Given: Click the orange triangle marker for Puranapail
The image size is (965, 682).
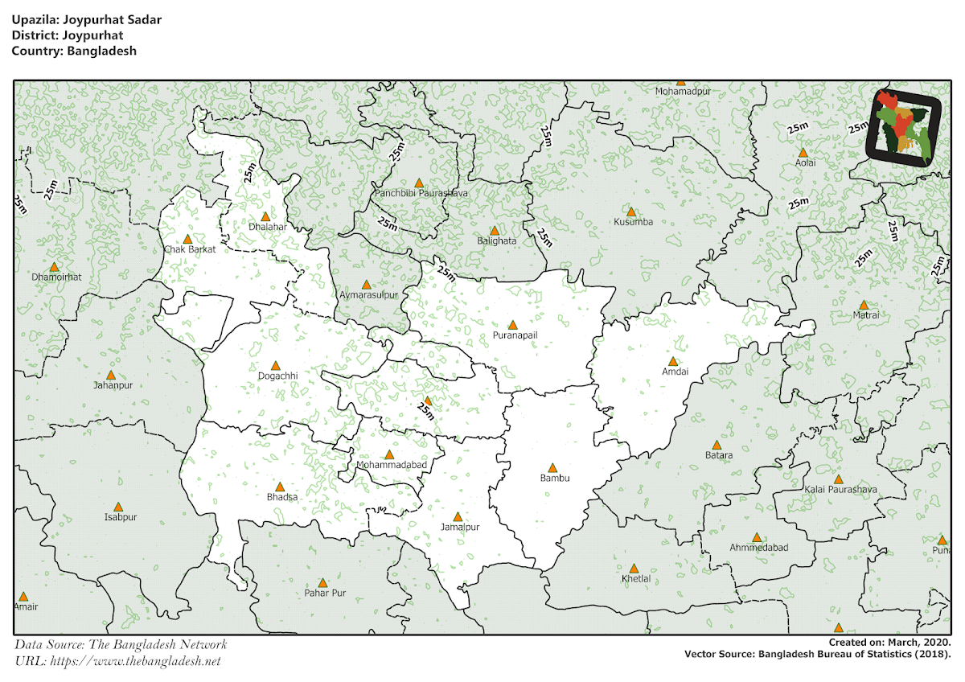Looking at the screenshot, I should tap(513, 325).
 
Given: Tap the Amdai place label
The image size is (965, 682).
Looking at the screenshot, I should tap(675, 372).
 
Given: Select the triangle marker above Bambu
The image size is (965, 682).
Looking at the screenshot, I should tap(552, 467).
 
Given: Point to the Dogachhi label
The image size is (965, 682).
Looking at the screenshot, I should tap(277, 376).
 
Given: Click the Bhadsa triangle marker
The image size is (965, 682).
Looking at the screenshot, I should tap(281, 487).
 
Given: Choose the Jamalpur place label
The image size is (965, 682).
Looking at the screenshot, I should tap(460, 528).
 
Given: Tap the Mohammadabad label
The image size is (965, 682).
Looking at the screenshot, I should tap(391, 465).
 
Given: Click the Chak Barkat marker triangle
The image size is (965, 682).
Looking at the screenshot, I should tap(188, 239).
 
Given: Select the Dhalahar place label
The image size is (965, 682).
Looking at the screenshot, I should tap(268, 227).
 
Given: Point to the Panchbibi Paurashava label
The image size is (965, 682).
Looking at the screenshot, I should tap(421, 194).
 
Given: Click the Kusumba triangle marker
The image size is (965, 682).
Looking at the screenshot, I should tap(632, 212).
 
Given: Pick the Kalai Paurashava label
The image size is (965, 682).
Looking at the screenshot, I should tap(840, 489).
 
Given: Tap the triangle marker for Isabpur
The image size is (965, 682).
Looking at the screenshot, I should tap(118, 507).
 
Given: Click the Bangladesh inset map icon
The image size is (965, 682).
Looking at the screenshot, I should tap(905, 127).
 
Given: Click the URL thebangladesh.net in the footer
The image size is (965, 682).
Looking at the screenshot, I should tap(134, 661).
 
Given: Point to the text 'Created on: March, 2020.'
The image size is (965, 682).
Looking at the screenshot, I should tap(890, 643).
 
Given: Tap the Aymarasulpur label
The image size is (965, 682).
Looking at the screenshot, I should tap(368, 295).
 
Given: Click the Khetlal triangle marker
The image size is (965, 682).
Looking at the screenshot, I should tap(634, 569).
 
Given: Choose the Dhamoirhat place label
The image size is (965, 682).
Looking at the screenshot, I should tap(56, 277).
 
